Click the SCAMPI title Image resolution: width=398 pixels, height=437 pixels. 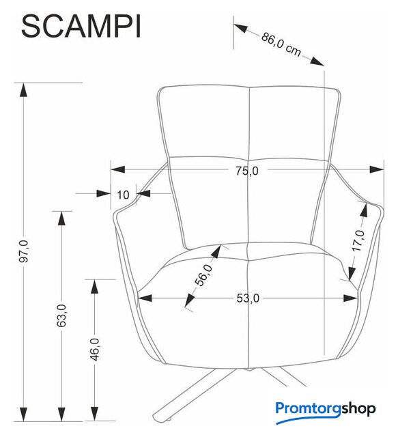(x=81, y=27)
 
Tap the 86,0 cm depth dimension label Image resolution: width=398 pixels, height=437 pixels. (x=281, y=44)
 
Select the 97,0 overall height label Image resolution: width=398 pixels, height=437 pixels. (x=24, y=251)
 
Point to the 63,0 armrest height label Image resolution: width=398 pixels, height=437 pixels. (x=61, y=315)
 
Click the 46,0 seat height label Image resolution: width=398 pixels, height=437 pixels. (x=95, y=350)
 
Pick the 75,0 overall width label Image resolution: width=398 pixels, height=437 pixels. (x=247, y=171)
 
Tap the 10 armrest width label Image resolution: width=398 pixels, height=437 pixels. (x=123, y=195)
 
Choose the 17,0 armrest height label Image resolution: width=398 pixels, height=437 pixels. (x=358, y=240)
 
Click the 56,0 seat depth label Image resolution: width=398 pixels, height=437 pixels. (x=203, y=275)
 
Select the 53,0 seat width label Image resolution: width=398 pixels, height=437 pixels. (x=248, y=298)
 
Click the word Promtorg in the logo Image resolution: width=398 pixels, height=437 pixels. (x=309, y=409)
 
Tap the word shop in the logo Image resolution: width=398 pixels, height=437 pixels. (x=358, y=409)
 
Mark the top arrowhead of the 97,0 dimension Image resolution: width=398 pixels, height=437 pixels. (x=23, y=89)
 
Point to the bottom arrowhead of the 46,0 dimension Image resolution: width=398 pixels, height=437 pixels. (x=95, y=414)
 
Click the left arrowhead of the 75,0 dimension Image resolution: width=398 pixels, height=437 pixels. (x=118, y=169)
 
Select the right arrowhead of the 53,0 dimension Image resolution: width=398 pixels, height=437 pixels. (x=350, y=298)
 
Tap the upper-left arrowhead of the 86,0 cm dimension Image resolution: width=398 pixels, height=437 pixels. (x=241, y=28)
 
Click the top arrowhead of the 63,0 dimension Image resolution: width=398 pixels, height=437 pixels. (x=61, y=218)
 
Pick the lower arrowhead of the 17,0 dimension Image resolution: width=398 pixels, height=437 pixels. (x=352, y=274)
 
